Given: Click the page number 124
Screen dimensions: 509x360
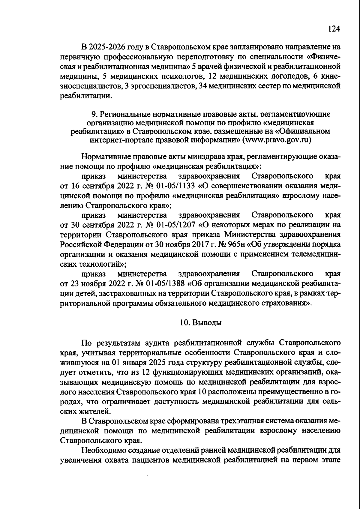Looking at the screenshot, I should [x=334, y=28].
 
